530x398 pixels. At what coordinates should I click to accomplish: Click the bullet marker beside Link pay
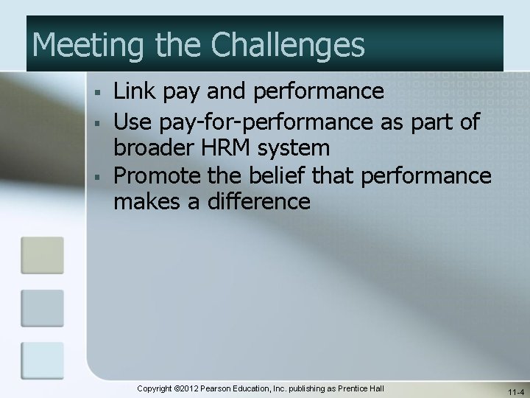point(96,94)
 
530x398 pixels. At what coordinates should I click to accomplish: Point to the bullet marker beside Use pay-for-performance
point(96,121)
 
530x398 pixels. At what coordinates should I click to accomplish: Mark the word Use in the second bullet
point(132,120)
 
